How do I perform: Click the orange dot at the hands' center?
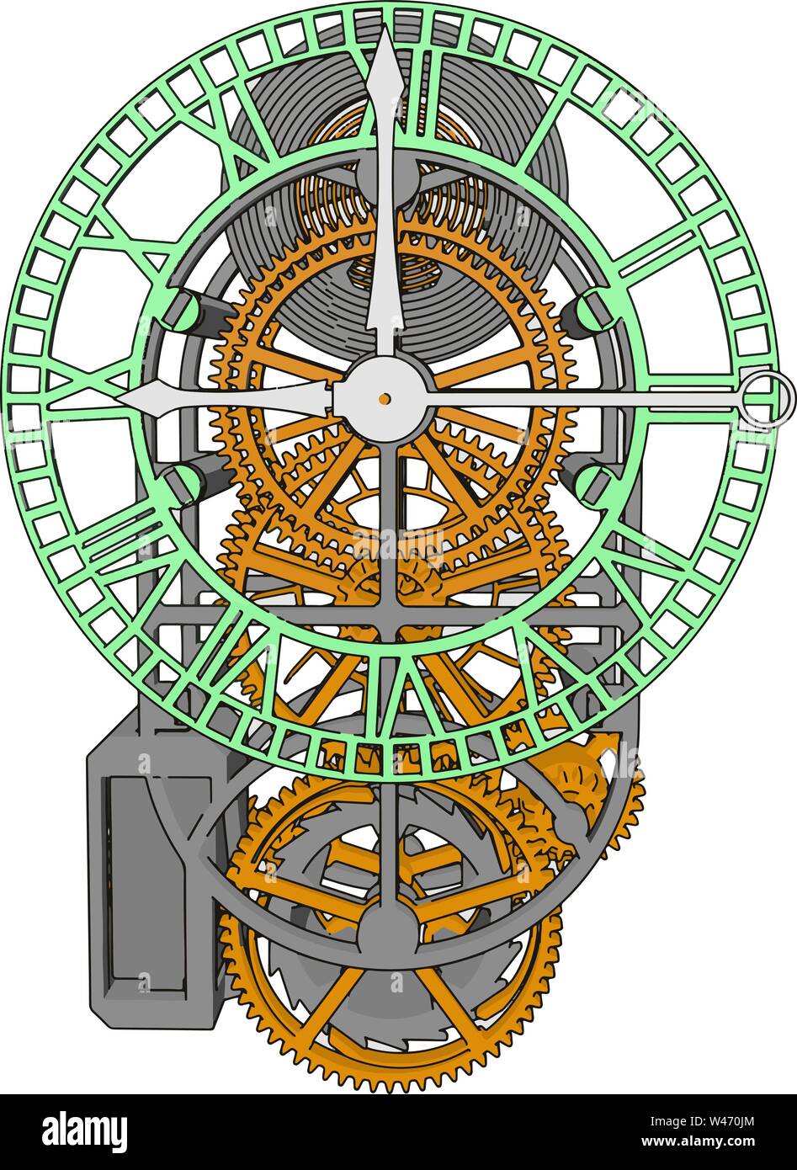coord(385,398)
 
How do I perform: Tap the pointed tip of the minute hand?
coord(386,34)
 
